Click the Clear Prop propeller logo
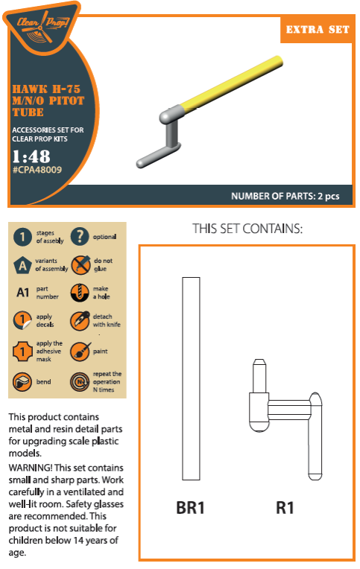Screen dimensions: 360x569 click(x=43, y=27)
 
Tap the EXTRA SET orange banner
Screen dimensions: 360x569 click(x=317, y=29)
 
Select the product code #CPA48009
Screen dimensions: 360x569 click(x=37, y=170)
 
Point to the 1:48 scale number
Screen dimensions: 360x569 click(x=31, y=156)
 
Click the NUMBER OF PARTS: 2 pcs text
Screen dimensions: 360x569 click(x=285, y=197)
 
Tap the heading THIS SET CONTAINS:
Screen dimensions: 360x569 click(x=247, y=229)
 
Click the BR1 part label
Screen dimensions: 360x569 click(x=190, y=507)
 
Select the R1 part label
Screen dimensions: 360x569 click(x=285, y=507)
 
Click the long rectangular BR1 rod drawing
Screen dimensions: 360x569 click(x=191, y=378)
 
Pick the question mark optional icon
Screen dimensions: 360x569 click(x=80, y=236)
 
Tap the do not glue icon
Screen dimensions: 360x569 click(x=80, y=264)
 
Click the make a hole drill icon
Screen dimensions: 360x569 click(x=80, y=293)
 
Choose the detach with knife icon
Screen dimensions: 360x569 click(x=80, y=320)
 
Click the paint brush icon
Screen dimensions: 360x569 click(x=80, y=352)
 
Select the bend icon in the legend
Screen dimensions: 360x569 click(x=22, y=382)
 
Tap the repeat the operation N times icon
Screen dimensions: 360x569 click(x=80, y=382)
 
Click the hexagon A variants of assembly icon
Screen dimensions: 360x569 click(x=22, y=265)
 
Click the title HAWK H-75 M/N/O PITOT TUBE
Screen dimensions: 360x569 click(x=48, y=101)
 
